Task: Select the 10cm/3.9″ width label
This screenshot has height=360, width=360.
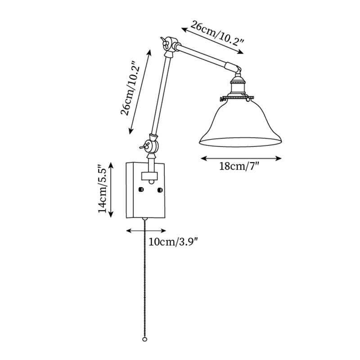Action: point(173,242)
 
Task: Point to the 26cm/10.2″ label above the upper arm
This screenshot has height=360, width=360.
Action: point(217,34)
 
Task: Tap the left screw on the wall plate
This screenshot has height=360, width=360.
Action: point(141,189)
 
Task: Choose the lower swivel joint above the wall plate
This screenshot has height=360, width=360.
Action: point(152,145)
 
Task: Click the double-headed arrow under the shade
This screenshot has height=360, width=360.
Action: point(241,158)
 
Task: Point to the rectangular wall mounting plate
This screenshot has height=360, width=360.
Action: point(147,190)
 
